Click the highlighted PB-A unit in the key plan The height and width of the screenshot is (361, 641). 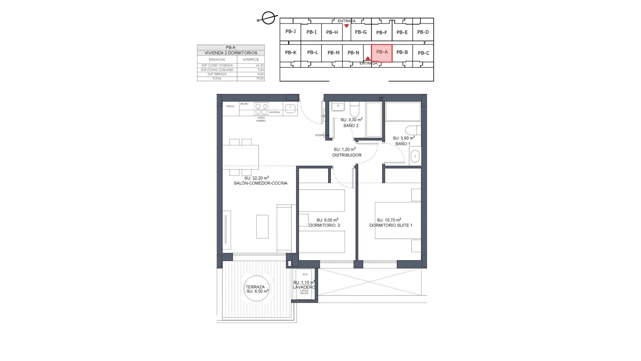(382, 53)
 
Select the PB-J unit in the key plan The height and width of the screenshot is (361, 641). (290, 32)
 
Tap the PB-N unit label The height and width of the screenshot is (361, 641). (353, 53)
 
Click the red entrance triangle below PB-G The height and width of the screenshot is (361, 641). (347, 26)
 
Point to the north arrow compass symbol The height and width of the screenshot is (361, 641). (269, 18)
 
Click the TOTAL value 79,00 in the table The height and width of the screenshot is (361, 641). (251, 79)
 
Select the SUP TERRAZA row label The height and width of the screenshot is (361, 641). (217, 74)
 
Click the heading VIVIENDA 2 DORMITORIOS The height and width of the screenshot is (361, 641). (231, 53)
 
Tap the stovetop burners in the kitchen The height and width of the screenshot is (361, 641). (261, 109)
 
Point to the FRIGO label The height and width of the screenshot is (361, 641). (230, 106)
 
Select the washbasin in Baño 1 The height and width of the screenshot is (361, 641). (415, 156)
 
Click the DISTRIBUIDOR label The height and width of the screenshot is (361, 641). (347, 155)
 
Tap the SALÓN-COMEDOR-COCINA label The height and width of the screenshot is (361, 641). (260, 183)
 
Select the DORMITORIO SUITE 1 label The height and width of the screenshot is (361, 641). (391, 225)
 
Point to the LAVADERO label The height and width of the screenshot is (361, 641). (304, 287)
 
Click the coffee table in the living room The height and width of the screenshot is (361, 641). (262, 226)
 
